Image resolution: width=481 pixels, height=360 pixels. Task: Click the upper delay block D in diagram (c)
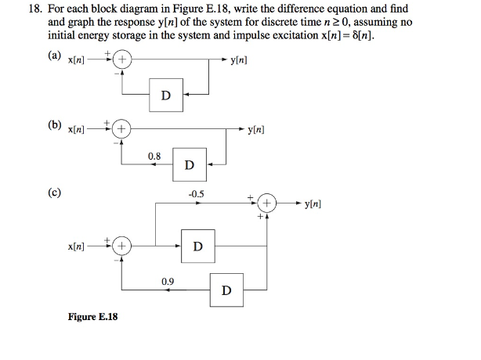(197, 247)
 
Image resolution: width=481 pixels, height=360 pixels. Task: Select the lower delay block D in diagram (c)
(226, 291)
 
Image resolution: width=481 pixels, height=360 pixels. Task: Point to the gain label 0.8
(154, 157)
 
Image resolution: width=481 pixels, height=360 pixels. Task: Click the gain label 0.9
(168, 281)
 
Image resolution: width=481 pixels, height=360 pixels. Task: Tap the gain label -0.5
(196, 193)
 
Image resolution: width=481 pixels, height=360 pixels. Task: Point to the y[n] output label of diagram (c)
(309, 204)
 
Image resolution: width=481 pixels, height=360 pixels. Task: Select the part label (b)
(54, 124)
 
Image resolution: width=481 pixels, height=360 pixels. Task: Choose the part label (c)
(54, 191)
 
